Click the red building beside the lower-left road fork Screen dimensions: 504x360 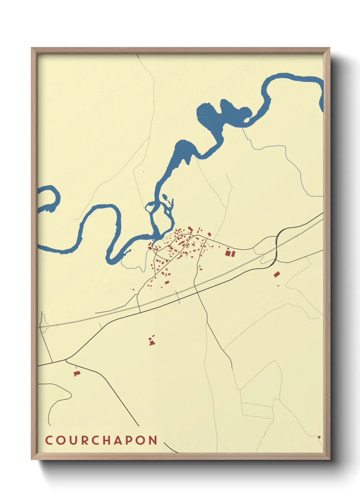(x=77, y=374)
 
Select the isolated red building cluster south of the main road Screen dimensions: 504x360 (x=152, y=340)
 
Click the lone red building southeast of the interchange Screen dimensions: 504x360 (x=277, y=274)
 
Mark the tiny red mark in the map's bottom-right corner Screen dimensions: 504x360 (x=319, y=437)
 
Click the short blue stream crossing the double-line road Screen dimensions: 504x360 (x=178, y=297)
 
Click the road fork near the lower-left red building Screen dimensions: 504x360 (x=66, y=359)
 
